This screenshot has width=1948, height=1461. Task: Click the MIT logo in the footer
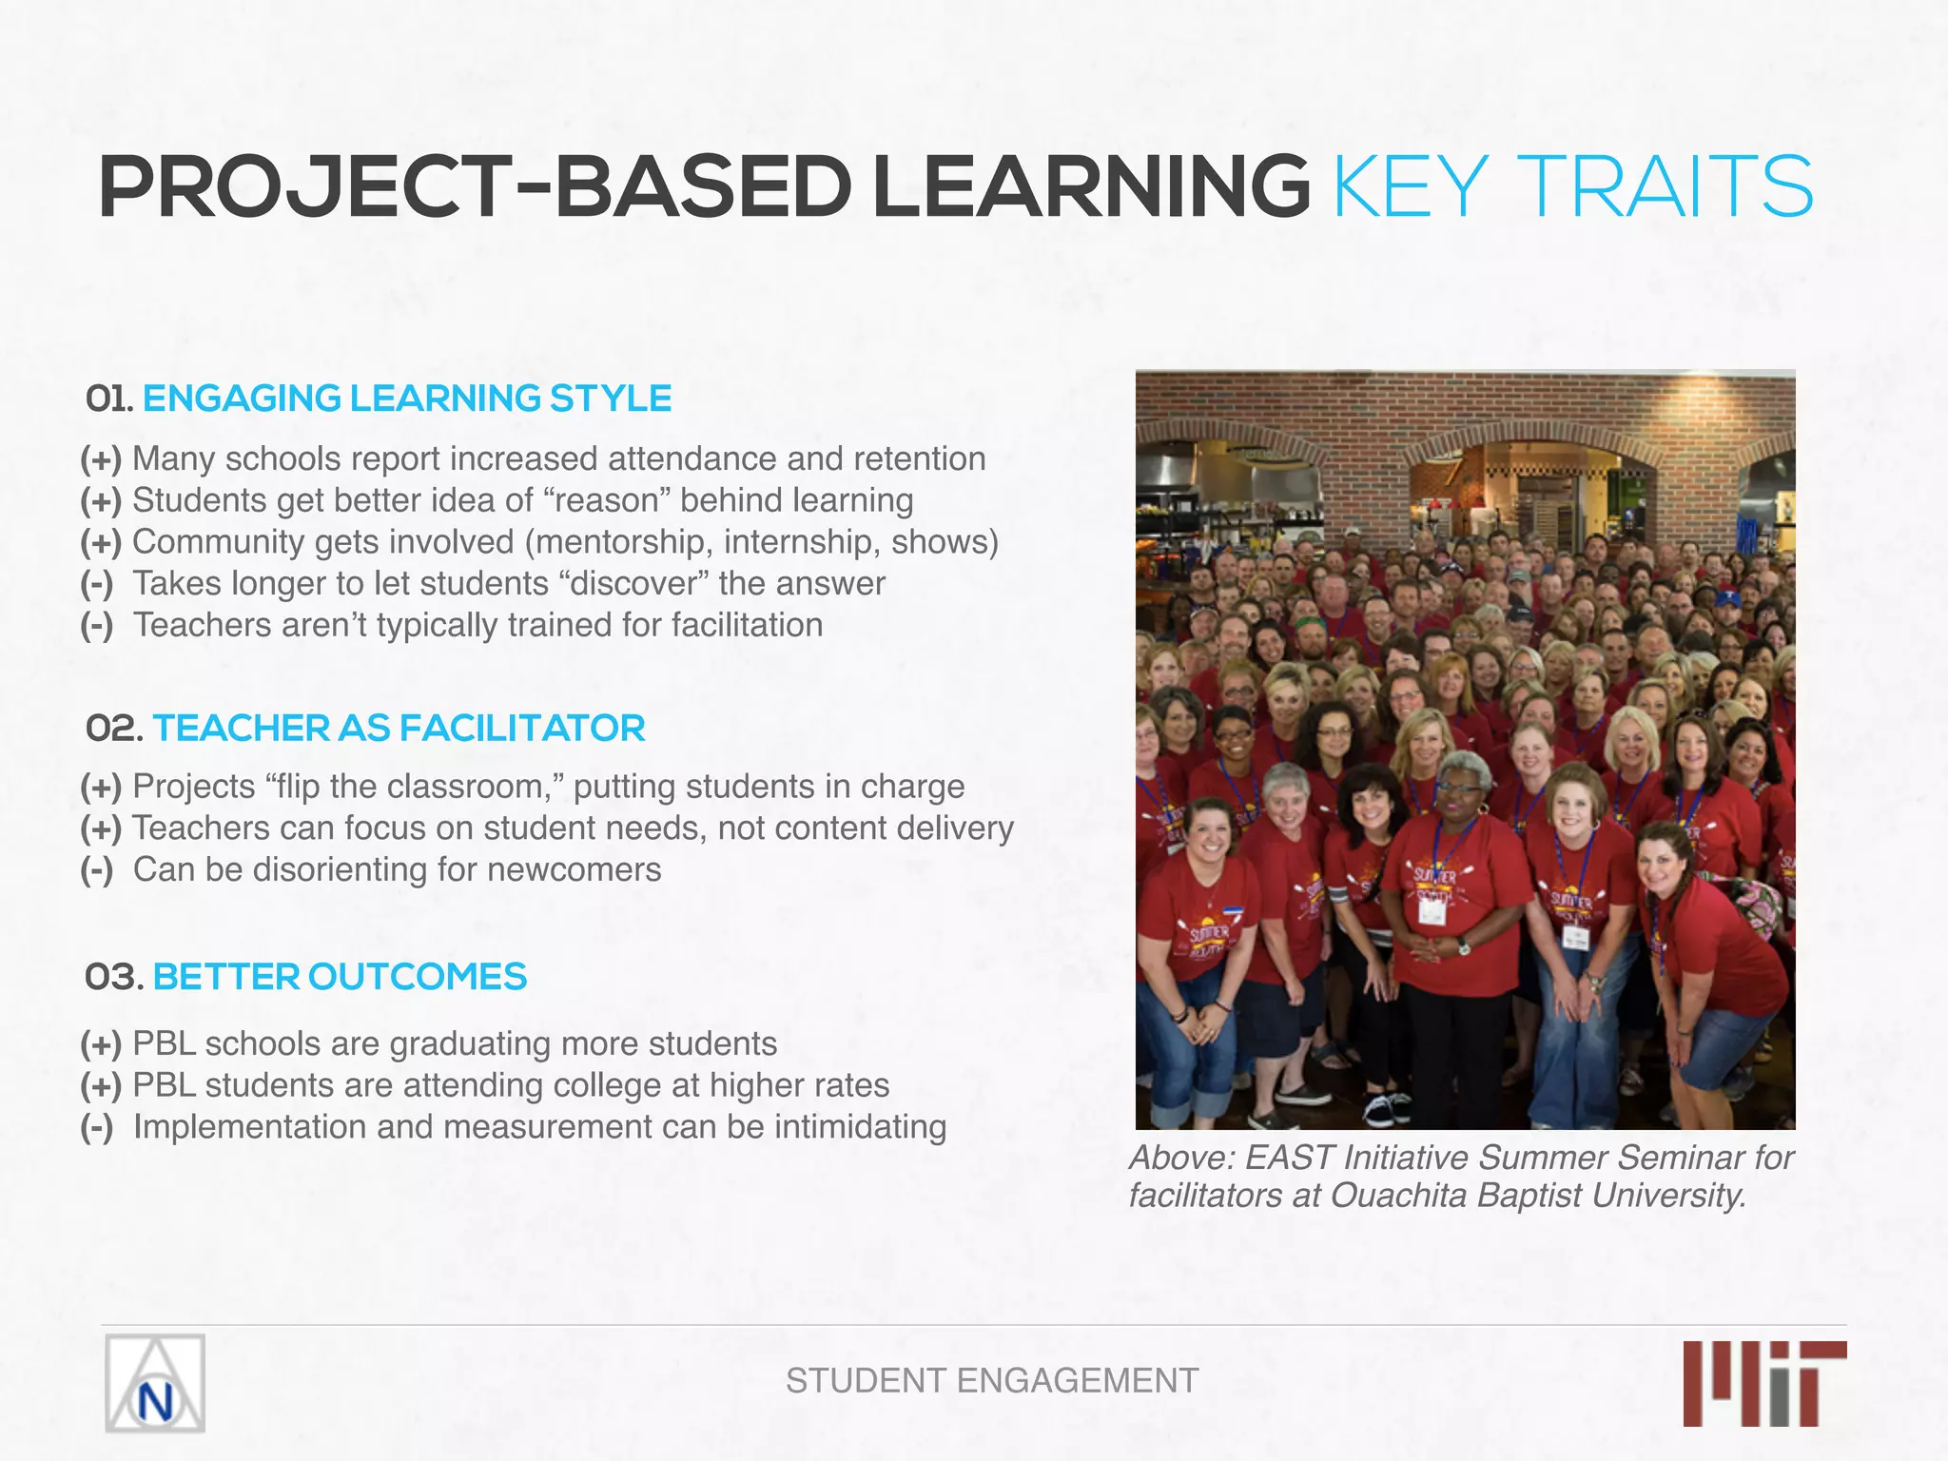[x=1764, y=1383]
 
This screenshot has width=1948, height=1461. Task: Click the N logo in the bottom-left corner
[x=155, y=1383]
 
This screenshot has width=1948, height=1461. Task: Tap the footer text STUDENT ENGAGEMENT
[x=992, y=1380]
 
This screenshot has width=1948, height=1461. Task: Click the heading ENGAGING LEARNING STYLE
[x=407, y=399]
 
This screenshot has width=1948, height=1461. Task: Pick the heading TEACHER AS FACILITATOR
[x=399, y=729]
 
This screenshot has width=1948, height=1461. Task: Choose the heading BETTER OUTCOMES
[x=340, y=977]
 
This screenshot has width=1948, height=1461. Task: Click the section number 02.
[x=113, y=729]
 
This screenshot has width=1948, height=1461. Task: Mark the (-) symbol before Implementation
[x=97, y=1127]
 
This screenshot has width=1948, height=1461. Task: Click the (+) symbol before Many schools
[x=101, y=458]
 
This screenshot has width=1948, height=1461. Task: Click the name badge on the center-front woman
[x=1432, y=911]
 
